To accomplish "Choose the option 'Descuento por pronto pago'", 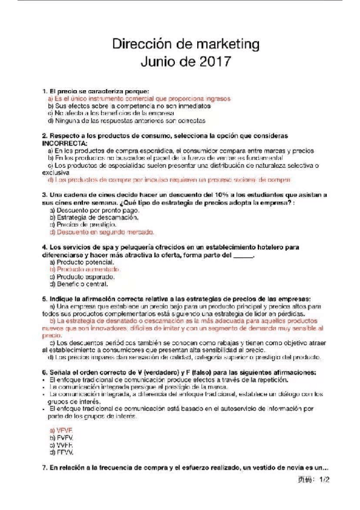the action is pyautogui.click(x=91, y=210).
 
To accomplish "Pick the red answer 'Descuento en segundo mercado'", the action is pyautogui.click(x=102, y=232).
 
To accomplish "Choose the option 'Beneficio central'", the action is pyautogui.click(x=81, y=284).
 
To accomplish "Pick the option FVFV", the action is pyautogui.click(x=61, y=437).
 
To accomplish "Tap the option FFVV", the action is pyautogui.click(x=61, y=452).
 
